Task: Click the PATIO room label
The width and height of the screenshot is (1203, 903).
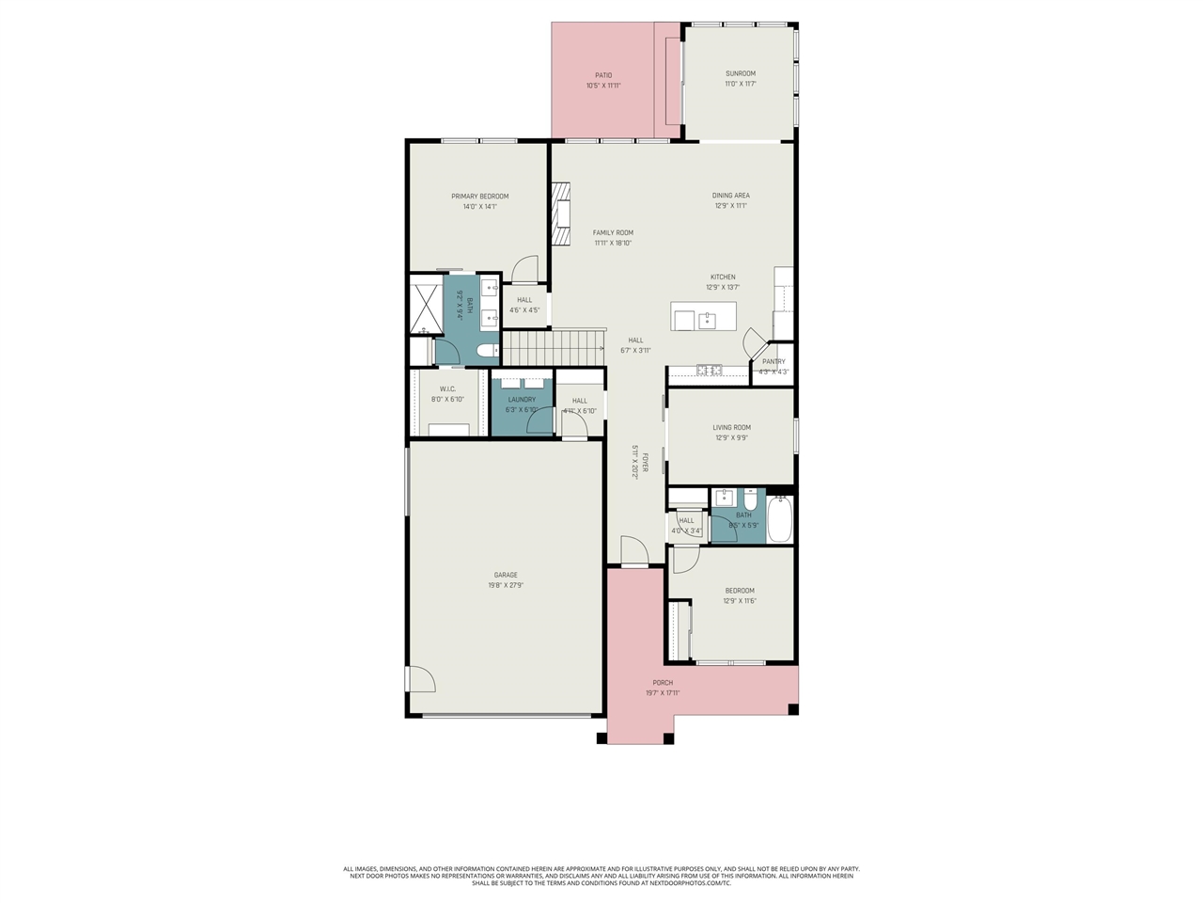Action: [x=603, y=75]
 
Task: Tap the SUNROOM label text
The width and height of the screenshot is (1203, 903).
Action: [x=740, y=73]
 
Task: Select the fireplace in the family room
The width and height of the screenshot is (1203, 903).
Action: [x=561, y=214]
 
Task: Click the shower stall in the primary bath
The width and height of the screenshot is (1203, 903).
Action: [x=426, y=304]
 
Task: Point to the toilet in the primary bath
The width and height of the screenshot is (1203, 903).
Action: [x=487, y=352]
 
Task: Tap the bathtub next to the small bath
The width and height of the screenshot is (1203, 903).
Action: [x=780, y=519]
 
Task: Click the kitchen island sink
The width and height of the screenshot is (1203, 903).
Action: [x=707, y=321]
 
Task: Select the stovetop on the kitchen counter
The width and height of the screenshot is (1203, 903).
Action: [x=709, y=370]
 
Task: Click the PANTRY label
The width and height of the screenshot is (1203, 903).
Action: [x=773, y=361]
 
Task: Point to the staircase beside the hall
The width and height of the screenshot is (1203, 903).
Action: [x=553, y=347]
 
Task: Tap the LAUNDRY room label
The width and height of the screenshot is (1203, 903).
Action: [x=522, y=400]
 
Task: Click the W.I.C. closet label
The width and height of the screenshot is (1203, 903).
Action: [x=447, y=389]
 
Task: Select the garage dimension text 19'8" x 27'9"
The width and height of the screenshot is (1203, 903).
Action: [x=506, y=585]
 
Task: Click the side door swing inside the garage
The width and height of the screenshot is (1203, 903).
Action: [x=420, y=679]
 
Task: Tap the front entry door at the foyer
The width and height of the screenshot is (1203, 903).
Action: [x=634, y=552]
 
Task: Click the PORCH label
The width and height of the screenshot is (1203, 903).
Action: [x=663, y=683]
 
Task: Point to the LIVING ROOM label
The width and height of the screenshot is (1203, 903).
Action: [x=731, y=427]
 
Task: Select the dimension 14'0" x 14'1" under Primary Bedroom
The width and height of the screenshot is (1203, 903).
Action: [x=479, y=206]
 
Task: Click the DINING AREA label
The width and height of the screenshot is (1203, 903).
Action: [x=730, y=196]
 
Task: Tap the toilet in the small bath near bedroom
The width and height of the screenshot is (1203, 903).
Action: [x=750, y=499]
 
